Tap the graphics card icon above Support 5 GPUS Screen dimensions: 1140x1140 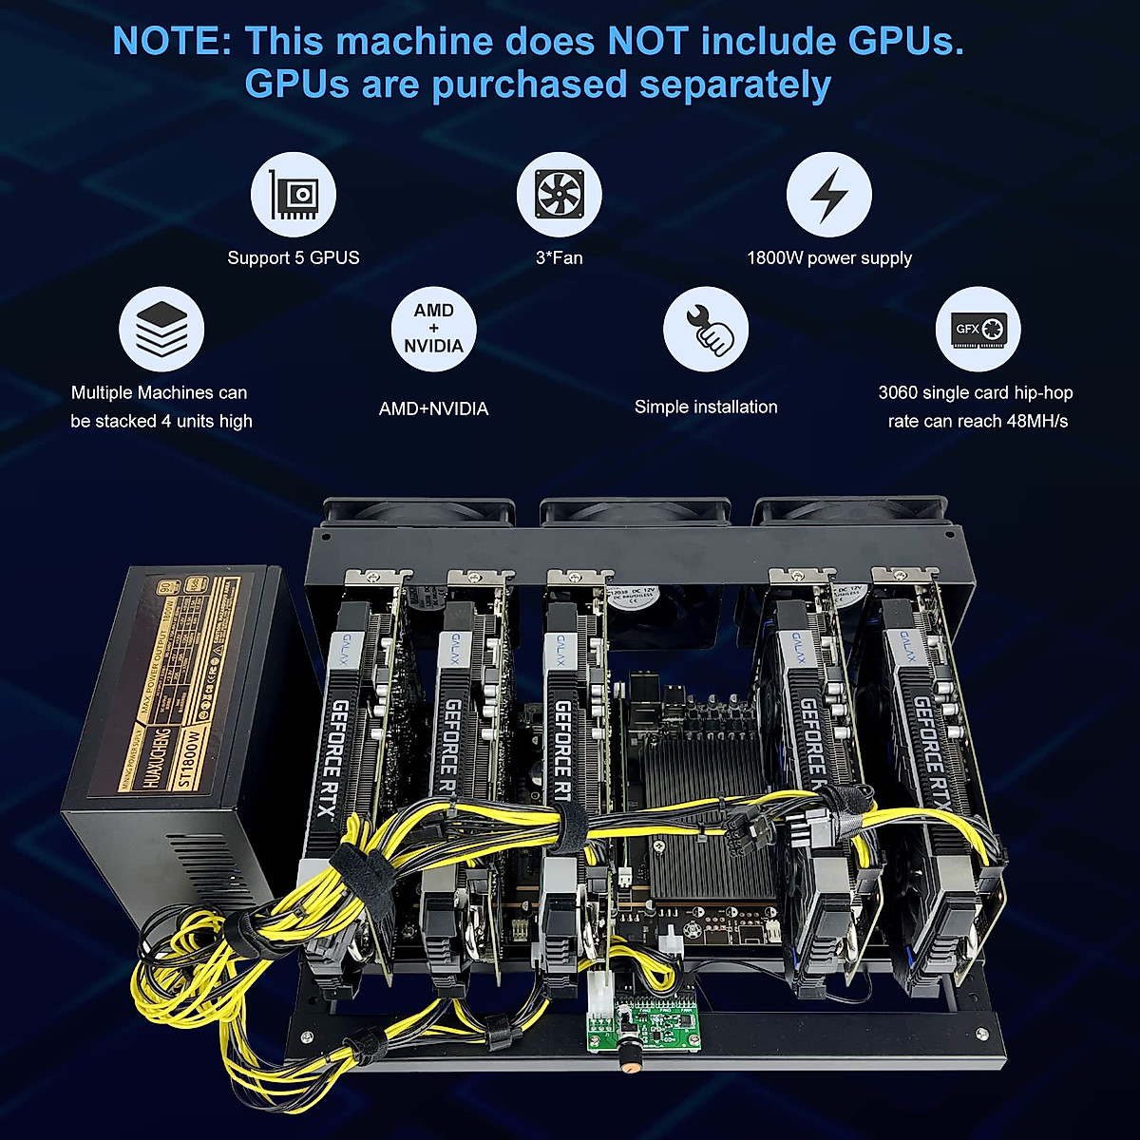pyautogui.click(x=293, y=195)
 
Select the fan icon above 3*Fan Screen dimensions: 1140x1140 pyautogui.click(x=559, y=195)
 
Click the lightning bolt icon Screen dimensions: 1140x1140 pyautogui.click(x=828, y=195)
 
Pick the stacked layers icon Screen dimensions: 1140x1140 pyautogui.click(x=161, y=329)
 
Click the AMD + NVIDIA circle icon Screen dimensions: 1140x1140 pyautogui.click(x=433, y=329)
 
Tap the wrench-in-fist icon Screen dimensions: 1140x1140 pyautogui.click(x=705, y=329)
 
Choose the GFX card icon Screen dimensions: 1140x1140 pyautogui.click(x=978, y=329)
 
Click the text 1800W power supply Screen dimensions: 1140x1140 pyautogui.click(x=828, y=258)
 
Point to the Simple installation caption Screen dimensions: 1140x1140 pyautogui.click(x=705, y=408)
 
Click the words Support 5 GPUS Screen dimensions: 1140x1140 pyautogui.click(x=293, y=258)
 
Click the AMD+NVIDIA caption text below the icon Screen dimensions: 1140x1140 pyautogui.click(x=433, y=409)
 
